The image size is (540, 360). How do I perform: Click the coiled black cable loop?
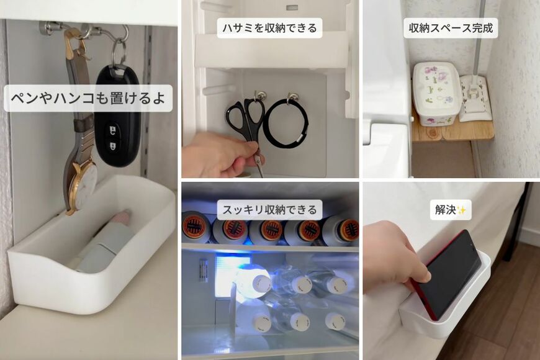pyautogui.click(x=286, y=122)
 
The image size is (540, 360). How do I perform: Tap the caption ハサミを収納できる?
pyautogui.click(x=269, y=28)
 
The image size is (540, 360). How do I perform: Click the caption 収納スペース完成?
pyautogui.click(x=451, y=28)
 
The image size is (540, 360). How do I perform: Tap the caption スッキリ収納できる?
pyautogui.click(x=269, y=210)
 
